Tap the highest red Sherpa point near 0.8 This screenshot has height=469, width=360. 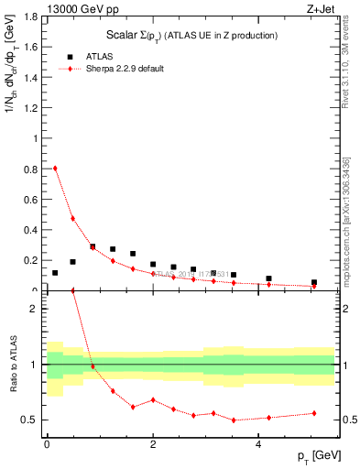pos(55,168)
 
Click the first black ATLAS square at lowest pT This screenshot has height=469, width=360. pos(55,273)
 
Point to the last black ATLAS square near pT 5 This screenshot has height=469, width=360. pos(314,283)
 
